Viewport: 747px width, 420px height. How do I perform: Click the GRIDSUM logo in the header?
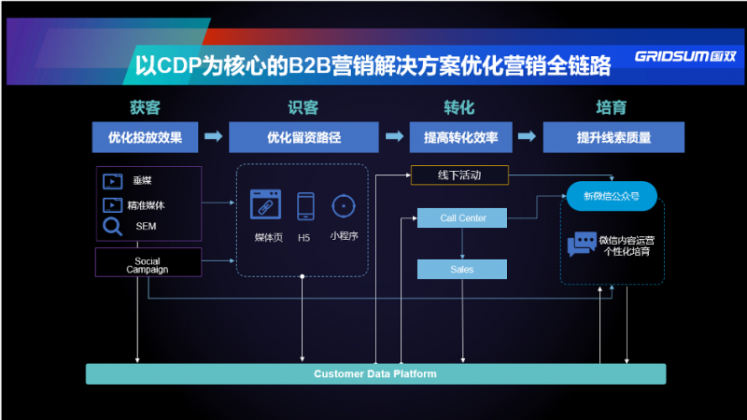click(685, 56)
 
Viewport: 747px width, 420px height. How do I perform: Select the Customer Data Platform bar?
click(376, 374)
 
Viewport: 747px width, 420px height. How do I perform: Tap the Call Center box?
click(462, 218)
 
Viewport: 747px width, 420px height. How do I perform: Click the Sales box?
click(462, 270)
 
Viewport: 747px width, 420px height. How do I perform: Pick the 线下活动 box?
click(459, 175)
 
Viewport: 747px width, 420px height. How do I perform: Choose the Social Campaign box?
click(148, 262)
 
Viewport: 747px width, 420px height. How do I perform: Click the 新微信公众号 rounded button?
click(612, 196)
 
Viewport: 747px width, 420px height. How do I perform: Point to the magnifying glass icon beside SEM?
click(112, 227)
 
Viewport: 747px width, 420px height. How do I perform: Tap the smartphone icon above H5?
click(305, 206)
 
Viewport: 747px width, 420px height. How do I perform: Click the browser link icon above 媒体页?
click(265, 204)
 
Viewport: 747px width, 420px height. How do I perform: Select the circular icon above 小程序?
click(344, 206)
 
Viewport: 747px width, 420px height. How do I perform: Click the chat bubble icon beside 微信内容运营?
click(582, 244)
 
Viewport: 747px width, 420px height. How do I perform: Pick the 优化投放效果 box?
click(145, 137)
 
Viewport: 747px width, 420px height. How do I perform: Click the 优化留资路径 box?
click(304, 137)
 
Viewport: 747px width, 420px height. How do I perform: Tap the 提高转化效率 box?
click(460, 137)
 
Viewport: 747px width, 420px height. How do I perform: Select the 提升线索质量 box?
click(613, 137)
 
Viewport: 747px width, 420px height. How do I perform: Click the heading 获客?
click(145, 107)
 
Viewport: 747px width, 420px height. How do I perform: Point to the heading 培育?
click(612, 107)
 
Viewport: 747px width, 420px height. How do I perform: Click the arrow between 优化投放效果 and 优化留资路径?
click(214, 136)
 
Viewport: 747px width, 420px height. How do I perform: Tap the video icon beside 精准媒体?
click(112, 205)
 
